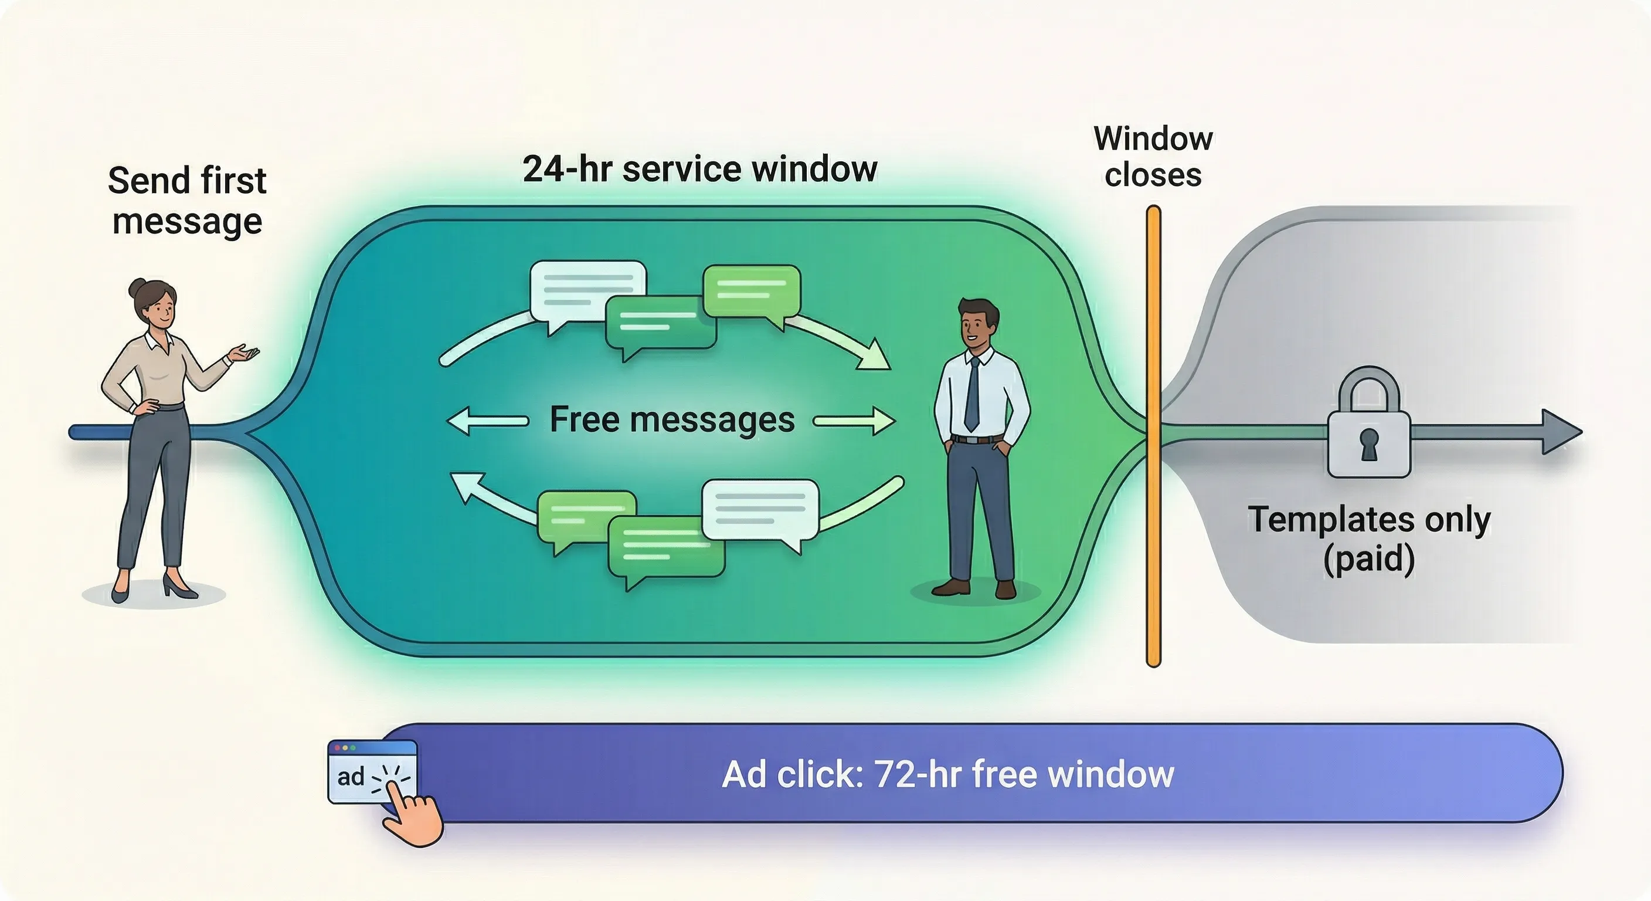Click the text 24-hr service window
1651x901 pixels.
click(x=699, y=170)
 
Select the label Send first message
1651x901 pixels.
click(x=186, y=201)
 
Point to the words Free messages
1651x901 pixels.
click(x=672, y=420)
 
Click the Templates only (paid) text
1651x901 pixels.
click(x=1369, y=538)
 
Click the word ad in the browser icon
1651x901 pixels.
click(x=351, y=777)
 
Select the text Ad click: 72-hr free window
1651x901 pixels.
click(x=947, y=774)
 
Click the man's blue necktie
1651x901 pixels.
click(x=972, y=394)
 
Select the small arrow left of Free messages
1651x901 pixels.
click(x=487, y=421)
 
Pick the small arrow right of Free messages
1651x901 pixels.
click(x=855, y=421)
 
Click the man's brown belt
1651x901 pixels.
click(x=977, y=439)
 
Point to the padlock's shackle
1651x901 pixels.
click(x=1369, y=388)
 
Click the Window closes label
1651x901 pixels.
click(x=1153, y=157)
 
